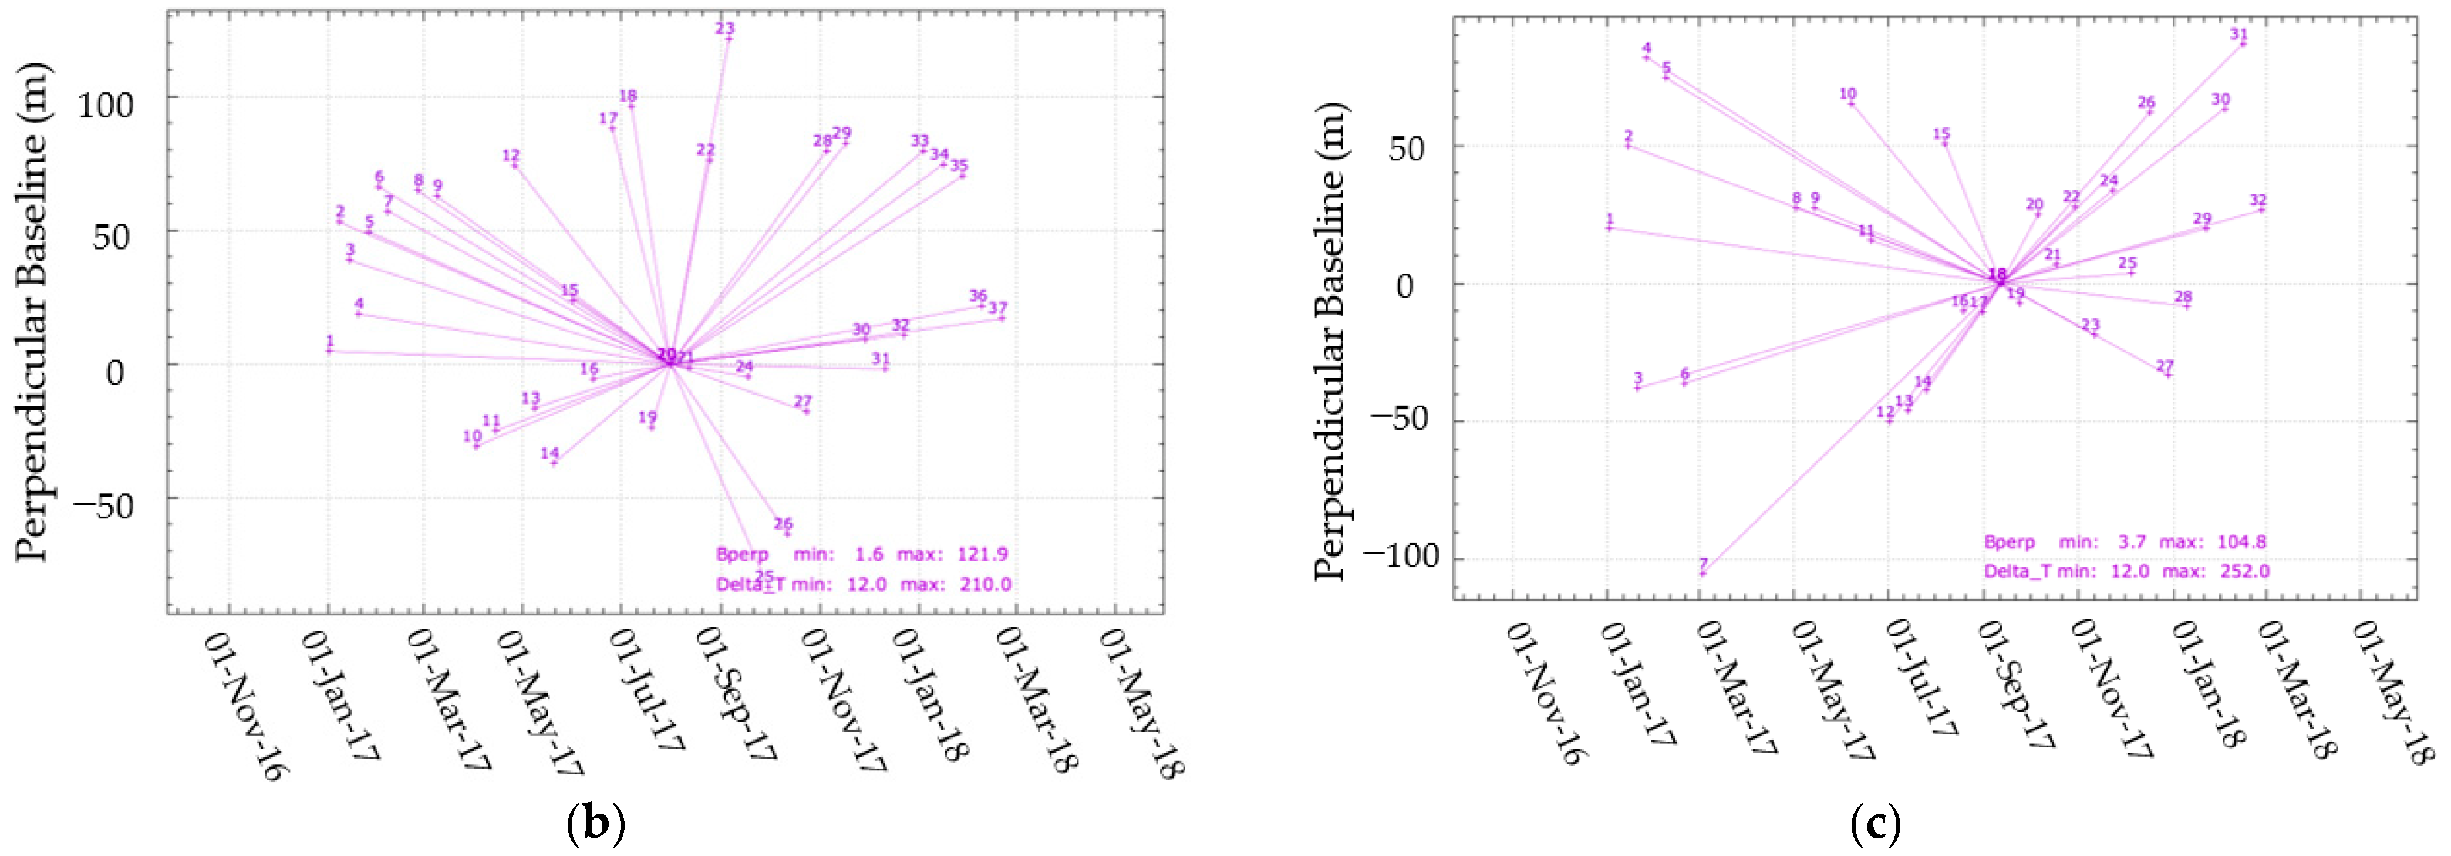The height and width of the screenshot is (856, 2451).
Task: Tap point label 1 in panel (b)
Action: click(x=329, y=341)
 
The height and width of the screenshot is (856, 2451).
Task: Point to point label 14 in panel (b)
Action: click(x=550, y=453)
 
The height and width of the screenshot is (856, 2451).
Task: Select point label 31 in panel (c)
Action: click(x=2239, y=34)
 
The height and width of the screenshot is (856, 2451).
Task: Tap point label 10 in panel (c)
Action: click(x=1847, y=94)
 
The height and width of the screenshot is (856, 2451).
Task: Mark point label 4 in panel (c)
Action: click(x=1647, y=49)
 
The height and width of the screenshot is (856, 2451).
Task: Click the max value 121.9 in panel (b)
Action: click(x=983, y=554)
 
